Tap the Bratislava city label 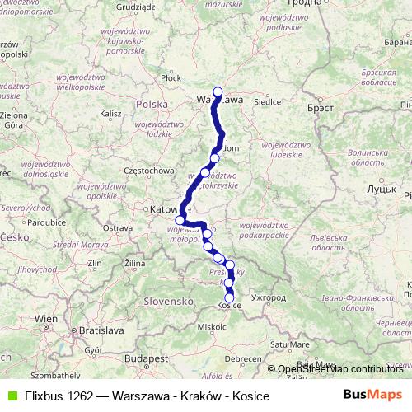(99, 330)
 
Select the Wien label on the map (46, 317)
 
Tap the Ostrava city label (117, 227)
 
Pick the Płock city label (171, 77)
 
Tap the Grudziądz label (136, 6)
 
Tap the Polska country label (152, 105)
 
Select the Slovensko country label (166, 302)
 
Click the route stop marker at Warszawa (218, 91)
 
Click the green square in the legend (11, 396)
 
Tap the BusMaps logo (372, 395)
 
